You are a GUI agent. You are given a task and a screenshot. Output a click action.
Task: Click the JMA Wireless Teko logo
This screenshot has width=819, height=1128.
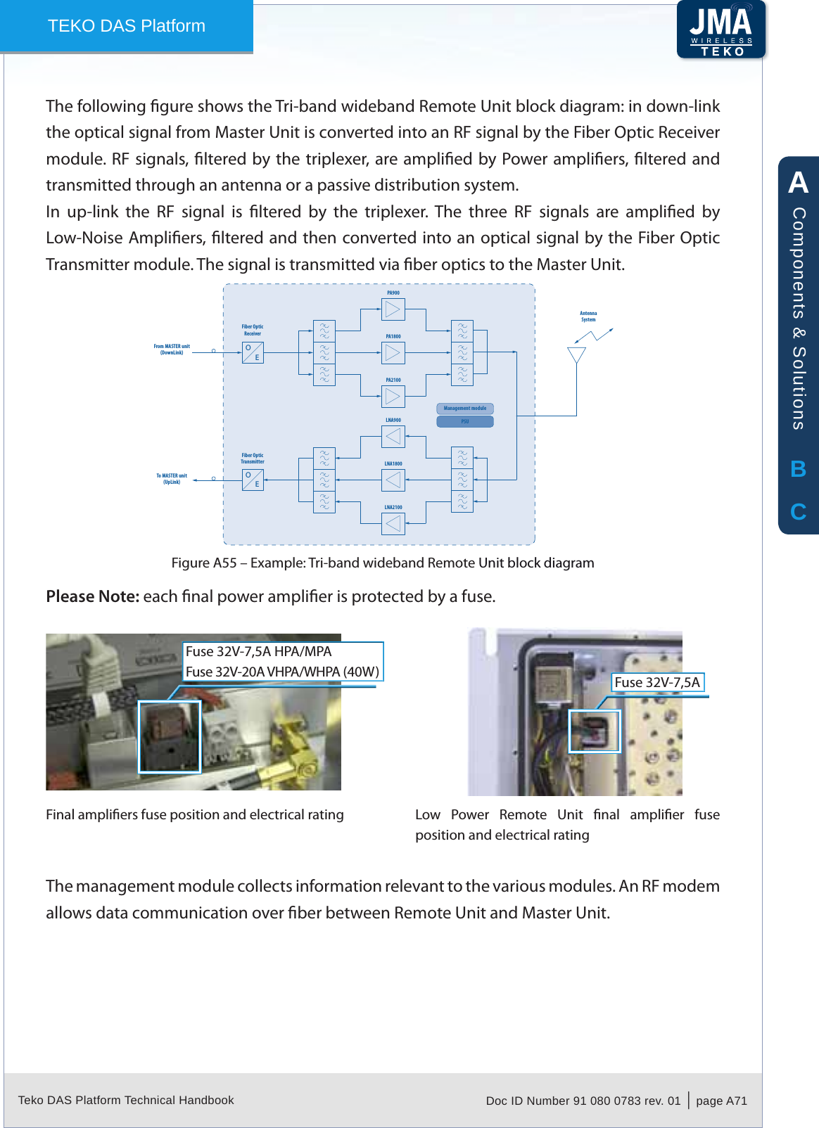click(720, 30)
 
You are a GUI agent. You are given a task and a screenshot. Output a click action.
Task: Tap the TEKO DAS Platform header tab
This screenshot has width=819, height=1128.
click(127, 26)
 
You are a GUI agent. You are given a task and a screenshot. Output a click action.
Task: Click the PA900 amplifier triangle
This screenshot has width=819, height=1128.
click(393, 309)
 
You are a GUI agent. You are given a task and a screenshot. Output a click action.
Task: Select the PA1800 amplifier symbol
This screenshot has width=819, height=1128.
click(393, 352)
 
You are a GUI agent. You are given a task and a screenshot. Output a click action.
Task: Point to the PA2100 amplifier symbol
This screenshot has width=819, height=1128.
click(393, 396)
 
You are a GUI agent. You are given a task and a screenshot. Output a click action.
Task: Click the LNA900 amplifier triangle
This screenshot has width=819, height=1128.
click(393, 437)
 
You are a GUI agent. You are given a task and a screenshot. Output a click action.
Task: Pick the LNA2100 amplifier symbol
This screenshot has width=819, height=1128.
click(393, 524)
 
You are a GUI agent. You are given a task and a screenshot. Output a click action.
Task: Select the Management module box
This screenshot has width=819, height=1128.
click(465, 409)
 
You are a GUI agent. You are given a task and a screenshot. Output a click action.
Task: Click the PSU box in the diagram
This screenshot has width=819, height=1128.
click(465, 422)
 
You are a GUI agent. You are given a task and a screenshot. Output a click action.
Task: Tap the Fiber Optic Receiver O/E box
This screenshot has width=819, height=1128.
click(253, 352)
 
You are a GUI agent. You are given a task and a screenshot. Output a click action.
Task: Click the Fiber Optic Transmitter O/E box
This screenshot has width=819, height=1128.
click(253, 480)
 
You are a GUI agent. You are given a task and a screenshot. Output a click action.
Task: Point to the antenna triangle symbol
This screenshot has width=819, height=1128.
click(576, 355)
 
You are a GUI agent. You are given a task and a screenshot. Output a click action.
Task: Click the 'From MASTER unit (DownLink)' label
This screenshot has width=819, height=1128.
click(172, 350)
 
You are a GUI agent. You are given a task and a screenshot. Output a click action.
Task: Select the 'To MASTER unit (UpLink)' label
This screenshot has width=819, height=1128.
click(172, 479)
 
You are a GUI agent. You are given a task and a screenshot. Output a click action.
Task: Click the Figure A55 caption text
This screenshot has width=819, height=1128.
click(383, 563)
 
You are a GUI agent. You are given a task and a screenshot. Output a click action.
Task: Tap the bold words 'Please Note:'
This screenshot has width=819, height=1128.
click(93, 596)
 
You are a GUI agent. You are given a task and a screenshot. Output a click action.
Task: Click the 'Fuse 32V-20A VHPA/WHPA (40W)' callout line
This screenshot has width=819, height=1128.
click(282, 672)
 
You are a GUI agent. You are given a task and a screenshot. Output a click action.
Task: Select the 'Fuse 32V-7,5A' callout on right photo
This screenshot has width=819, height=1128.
click(657, 682)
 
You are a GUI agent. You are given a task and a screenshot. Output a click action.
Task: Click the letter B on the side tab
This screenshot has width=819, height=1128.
click(798, 469)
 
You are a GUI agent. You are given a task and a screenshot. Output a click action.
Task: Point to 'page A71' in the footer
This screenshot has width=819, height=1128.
click(721, 1101)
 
